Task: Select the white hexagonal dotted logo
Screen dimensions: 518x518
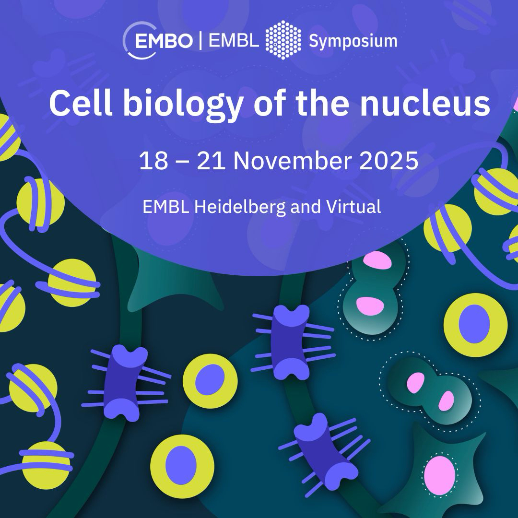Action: (283, 40)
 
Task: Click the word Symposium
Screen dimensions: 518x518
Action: (353, 42)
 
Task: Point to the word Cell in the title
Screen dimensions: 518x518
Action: (81, 103)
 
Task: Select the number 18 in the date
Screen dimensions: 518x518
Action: (153, 161)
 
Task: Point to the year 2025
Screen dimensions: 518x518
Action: (389, 161)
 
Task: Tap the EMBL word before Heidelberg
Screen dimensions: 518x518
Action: (166, 207)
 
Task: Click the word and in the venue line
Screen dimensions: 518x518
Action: (306, 207)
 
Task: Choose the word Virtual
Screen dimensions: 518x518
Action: (353, 207)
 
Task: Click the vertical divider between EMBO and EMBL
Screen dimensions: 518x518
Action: (200, 40)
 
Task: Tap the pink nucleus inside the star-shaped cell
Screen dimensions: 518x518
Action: (439, 475)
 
